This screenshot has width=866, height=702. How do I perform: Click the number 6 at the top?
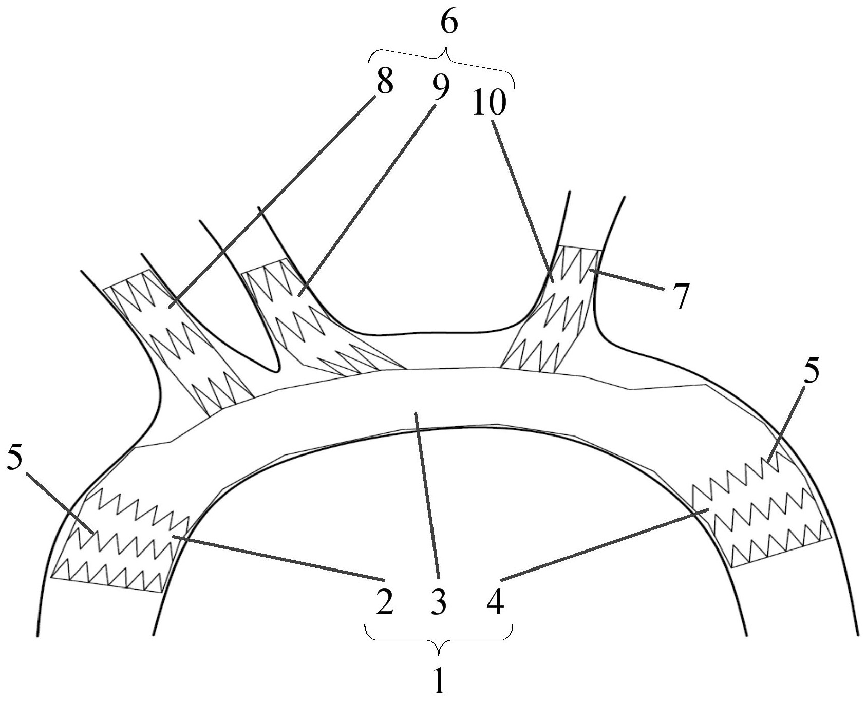(449, 24)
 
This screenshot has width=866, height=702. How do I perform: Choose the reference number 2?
(384, 602)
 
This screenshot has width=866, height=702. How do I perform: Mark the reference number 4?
(495, 602)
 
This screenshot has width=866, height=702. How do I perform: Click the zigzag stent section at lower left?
(121, 539)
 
